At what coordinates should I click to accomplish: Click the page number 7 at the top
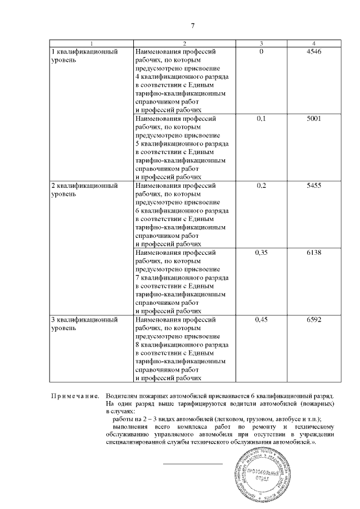(x=193, y=26)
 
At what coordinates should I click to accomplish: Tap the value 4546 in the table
(x=314, y=52)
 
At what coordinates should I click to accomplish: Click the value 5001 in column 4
(x=314, y=119)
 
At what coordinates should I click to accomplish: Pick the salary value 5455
(x=314, y=186)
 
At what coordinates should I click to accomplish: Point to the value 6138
(x=314, y=253)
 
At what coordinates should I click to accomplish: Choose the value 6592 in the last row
(x=314, y=319)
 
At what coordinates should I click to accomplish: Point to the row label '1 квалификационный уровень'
(x=84, y=56)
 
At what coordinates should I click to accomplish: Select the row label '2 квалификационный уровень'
(x=84, y=190)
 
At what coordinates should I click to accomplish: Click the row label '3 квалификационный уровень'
(x=84, y=323)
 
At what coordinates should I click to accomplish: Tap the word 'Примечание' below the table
(x=75, y=396)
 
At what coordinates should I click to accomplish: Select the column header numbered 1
(x=91, y=43)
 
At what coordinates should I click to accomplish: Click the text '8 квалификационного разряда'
(x=182, y=345)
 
